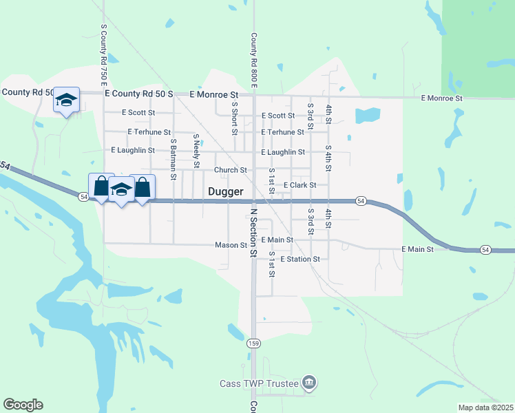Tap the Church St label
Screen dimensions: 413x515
click(230, 170)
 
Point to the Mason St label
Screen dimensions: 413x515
click(231, 245)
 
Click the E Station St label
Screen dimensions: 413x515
click(299, 259)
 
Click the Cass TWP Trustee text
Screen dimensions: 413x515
click(259, 383)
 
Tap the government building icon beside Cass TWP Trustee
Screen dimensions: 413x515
click(308, 383)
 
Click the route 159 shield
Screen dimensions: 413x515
click(254, 343)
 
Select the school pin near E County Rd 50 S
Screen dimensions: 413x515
click(67, 100)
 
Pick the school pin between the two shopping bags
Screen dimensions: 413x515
click(121, 189)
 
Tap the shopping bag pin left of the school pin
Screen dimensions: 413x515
click(101, 186)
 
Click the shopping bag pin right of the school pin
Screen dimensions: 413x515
click(143, 187)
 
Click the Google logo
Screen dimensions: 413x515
click(23, 405)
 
